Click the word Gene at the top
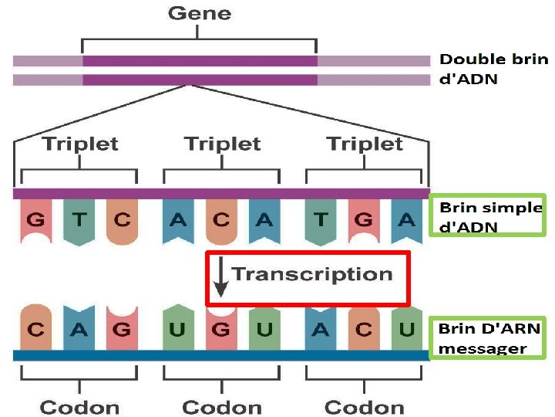(199, 13)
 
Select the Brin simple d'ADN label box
(487, 216)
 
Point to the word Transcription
(312, 273)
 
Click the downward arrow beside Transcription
(221, 279)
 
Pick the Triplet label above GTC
(80, 144)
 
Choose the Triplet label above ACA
(222, 144)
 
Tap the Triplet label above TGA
(365, 144)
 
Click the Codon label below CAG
(80, 407)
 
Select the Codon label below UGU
(222, 407)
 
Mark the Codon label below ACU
(365, 407)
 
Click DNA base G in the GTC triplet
(35, 220)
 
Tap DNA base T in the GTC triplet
(79, 220)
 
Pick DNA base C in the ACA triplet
(221, 220)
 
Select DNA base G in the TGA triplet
(364, 220)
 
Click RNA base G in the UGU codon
(221, 330)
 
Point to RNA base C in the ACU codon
(364, 330)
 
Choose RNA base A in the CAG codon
(79, 330)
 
